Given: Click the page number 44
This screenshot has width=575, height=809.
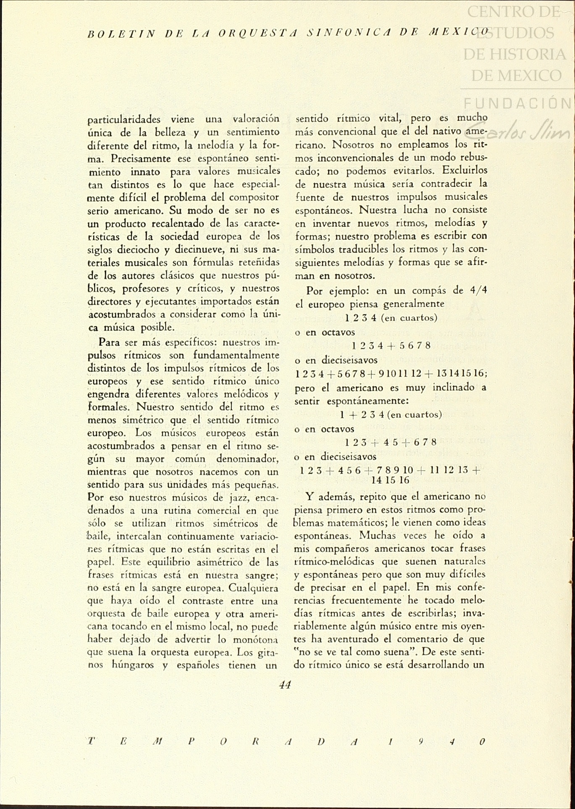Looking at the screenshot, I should pyautogui.click(x=285, y=685).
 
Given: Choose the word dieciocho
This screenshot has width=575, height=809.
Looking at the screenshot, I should pyautogui.click(x=142, y=250).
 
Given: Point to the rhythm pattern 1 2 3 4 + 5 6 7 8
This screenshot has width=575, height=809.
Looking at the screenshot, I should pyautogui.click(x=391, y=346).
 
